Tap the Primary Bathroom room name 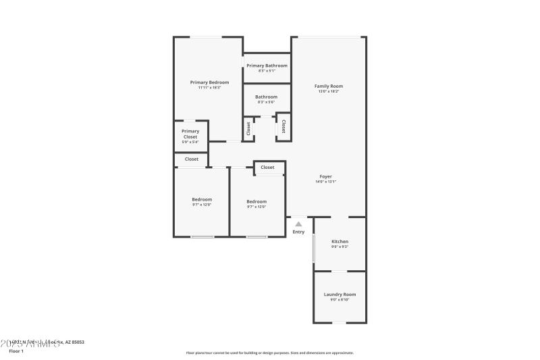pos(267,66)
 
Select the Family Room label pos(329,86)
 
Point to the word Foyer pos(325,176)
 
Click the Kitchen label pos(340,241)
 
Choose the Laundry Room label pos(340,294)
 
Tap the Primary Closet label pos(190,134)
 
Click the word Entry pos(298,232)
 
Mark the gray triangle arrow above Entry pos(298,224)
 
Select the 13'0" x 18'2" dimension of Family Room pos(329,91)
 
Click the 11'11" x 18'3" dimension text pos(209,87)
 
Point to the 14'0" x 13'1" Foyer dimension pos(325,182)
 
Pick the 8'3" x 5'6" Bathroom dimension pos(266,102)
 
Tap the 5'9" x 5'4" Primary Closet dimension pos(190,142)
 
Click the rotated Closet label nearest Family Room pos(283,126)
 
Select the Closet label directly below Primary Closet pos(192,159)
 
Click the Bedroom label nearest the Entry pos(256,201)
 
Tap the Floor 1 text pos(16,351)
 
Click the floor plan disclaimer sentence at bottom pos(269,353)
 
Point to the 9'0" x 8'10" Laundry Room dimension pos(340,300)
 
